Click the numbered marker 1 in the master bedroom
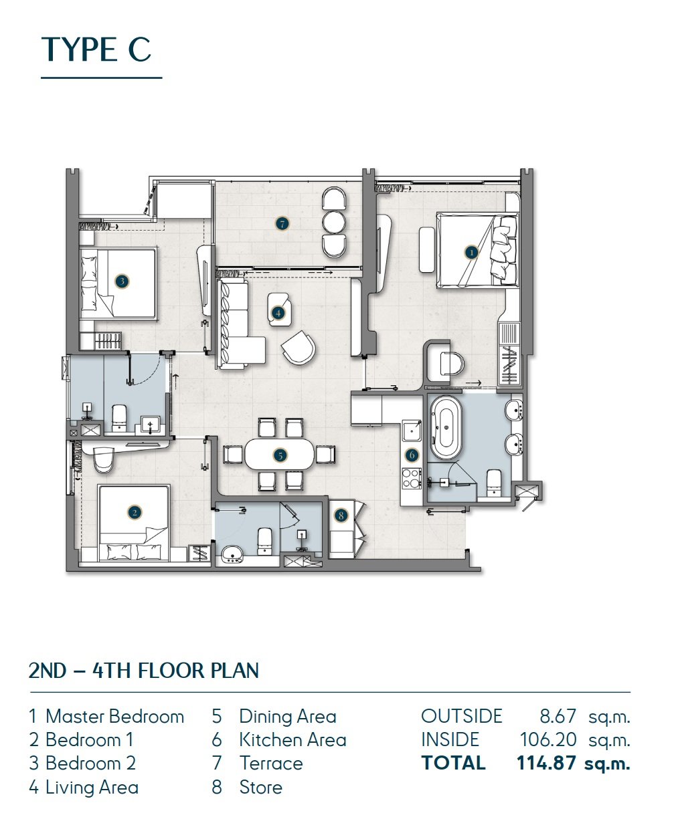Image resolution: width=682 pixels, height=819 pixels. tap(471, 252)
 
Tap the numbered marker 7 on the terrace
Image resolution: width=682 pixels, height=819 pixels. tap(282, 224)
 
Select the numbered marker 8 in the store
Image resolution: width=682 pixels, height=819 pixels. tap(341, 515)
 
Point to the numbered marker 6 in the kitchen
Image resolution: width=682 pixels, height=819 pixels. tap(412, 455)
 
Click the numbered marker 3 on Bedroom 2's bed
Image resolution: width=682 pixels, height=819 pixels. tap(122, 281)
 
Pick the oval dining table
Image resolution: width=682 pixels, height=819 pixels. tap(280, 454)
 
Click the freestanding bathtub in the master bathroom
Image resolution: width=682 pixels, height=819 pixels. tap(446, 427)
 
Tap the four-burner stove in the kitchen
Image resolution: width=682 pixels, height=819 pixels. tap(411, 478)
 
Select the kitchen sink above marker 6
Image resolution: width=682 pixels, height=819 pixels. tap(411, 431)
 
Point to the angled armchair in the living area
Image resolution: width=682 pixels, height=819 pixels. tap(299, 348)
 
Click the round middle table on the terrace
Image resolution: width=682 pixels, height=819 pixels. tap(334, 222)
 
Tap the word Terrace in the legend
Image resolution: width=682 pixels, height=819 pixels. tap(271, 764)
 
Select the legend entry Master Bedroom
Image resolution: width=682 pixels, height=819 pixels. tap(114, 716)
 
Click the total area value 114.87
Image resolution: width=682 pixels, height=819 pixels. tap(546, 764)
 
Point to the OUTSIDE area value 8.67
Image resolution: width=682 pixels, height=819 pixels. tap(558, 716)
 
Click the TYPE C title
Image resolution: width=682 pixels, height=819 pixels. tap(96, 49)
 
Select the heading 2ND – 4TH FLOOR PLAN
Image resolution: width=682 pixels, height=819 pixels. tap(144, 671)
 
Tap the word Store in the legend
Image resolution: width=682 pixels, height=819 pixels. tap(261, 787)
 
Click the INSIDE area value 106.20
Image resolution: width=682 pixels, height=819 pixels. tap(548, 739)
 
